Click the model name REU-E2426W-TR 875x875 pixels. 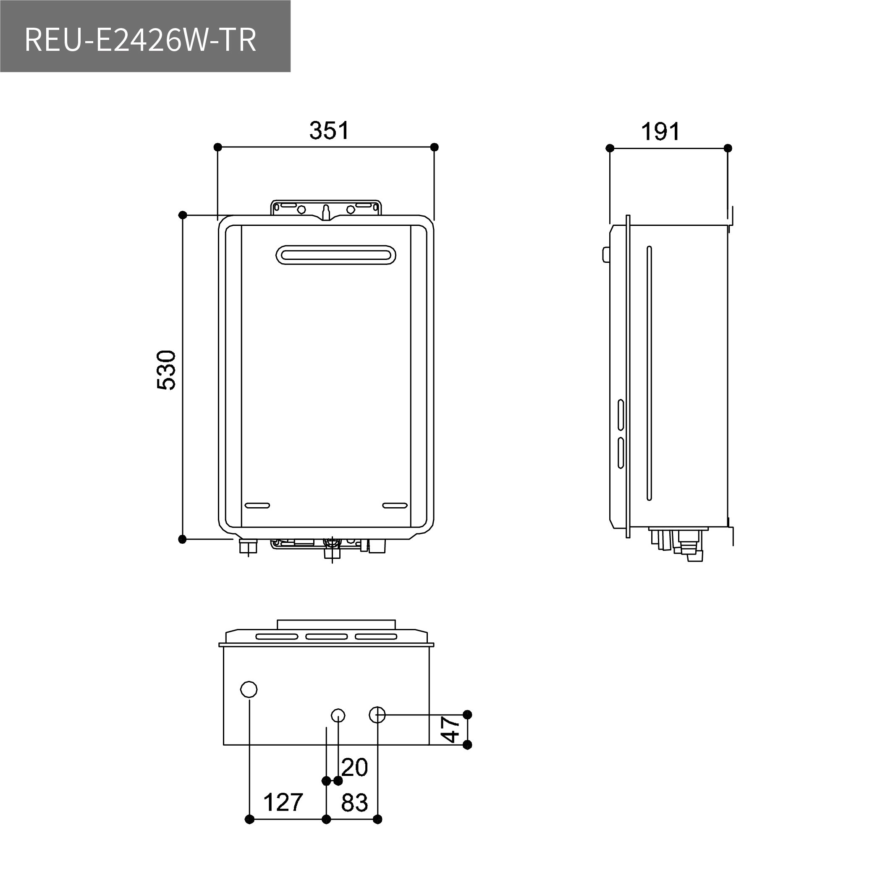pyautogui.click(x=140, y=40)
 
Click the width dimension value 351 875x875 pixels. pyautogui.click(x=329, y=131)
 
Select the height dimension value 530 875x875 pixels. pyautogui.click(x=166, y=370)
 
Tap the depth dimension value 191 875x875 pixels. pyautogui.click(x=660, y=132)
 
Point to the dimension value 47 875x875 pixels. pyautogui.click(x=451, y=729)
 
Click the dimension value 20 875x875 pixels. pyautogui.click(x=355, y=767)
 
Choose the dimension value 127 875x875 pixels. pyautogui.click(x=283, y=802)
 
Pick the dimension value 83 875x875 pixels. pyautogui.click(x=354, y=802)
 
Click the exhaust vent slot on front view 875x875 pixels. pyautogui.click(x=335, y=255)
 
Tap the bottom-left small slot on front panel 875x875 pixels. pyautogui.click(x=257, y=506)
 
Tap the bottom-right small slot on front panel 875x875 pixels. pyautogui.click(x=395, y=506)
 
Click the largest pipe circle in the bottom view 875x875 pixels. pyautogui.click(x=249, y=689)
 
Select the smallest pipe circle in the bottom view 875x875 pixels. pyautogui.click(x=338, y=715)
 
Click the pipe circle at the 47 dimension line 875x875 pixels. pyautogui.click(x=377, y=715)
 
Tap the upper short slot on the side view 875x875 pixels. pyautogui.click(x=621, y=415)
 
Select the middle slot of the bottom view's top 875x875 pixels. pyautogui.click(x=326, y=637)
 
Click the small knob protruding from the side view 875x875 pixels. pyautogui.click(x=606, y=254)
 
